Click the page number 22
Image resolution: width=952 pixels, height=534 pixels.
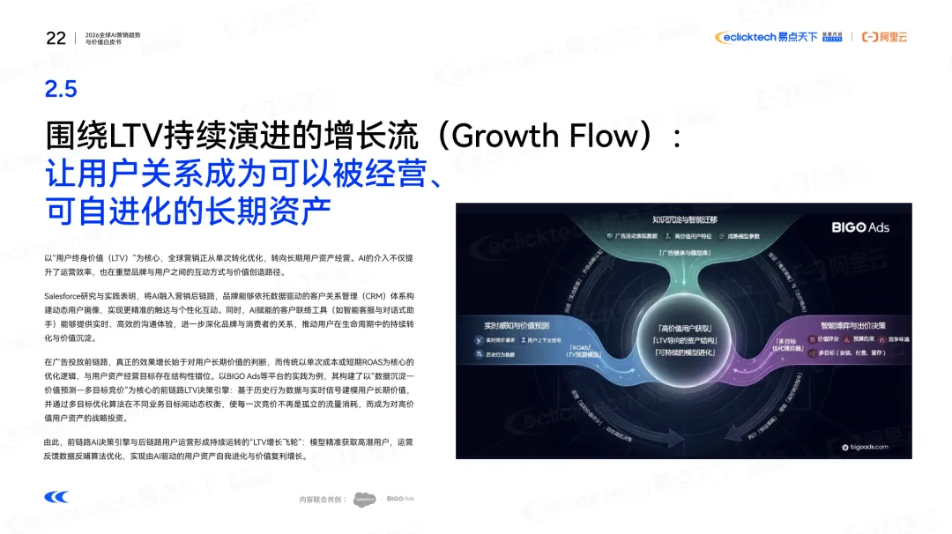56,38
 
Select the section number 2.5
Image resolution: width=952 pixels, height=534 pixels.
61,88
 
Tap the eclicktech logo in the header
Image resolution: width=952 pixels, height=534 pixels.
745,37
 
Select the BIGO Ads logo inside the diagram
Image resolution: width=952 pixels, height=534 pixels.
860,227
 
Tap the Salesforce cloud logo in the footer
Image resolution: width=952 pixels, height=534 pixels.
365,501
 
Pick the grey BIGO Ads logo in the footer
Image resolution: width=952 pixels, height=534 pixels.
400,500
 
